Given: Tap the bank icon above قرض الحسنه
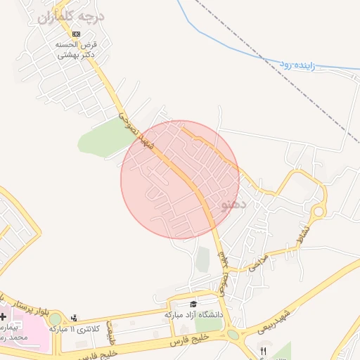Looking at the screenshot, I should [x=76, y=33].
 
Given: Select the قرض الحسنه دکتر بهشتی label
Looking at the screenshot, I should [x=76, y=49].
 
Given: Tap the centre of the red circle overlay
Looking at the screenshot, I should [x=180, y=180].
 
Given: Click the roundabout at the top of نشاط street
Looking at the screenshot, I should [x=319, y=210].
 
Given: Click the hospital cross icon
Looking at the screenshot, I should [x=4, y=317].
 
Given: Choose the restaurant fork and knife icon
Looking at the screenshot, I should [x=264, y=351].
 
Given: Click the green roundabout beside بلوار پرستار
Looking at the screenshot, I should [x=55, y=319].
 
